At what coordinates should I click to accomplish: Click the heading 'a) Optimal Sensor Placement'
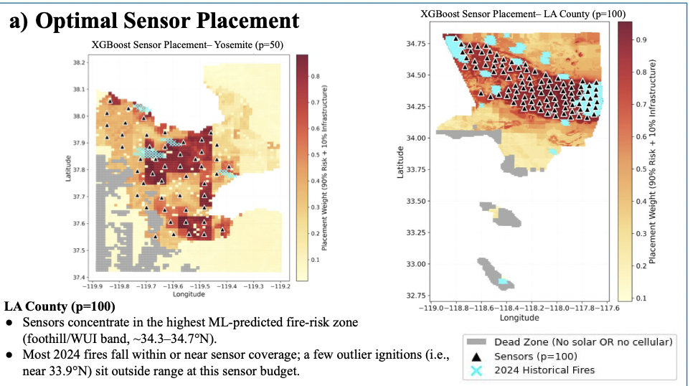click(x=154, y=20)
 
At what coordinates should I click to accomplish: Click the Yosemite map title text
click(x=187, y=45)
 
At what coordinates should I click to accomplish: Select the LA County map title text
click(x=523, y=14)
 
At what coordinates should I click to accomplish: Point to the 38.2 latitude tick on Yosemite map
click(x=79, y=62)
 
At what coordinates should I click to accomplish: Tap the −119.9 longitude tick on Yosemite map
click(x=93, y=286)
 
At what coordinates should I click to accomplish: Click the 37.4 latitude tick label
click(x=79, y=277)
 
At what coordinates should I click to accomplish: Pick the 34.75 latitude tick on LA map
click(x=416, y=44)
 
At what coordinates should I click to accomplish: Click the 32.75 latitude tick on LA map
click(x=416, y=296)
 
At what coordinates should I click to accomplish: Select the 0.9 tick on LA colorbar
click(x=641, y=39)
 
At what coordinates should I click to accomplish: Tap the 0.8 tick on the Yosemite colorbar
click(x=315, y=76)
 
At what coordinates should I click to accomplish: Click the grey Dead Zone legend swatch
click(x=476, y=342)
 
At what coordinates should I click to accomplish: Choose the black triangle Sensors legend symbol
click(x=476, y=357)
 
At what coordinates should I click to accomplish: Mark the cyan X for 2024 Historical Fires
click(x=476, y=371)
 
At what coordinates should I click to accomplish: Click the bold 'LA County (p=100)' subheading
click(x=60, y=306)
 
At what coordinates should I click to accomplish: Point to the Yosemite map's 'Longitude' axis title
click(x=189, y=294)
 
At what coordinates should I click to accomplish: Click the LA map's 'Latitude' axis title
click(x=400, y=162)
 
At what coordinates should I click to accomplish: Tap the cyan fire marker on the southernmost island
click(x=503, y=281)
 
